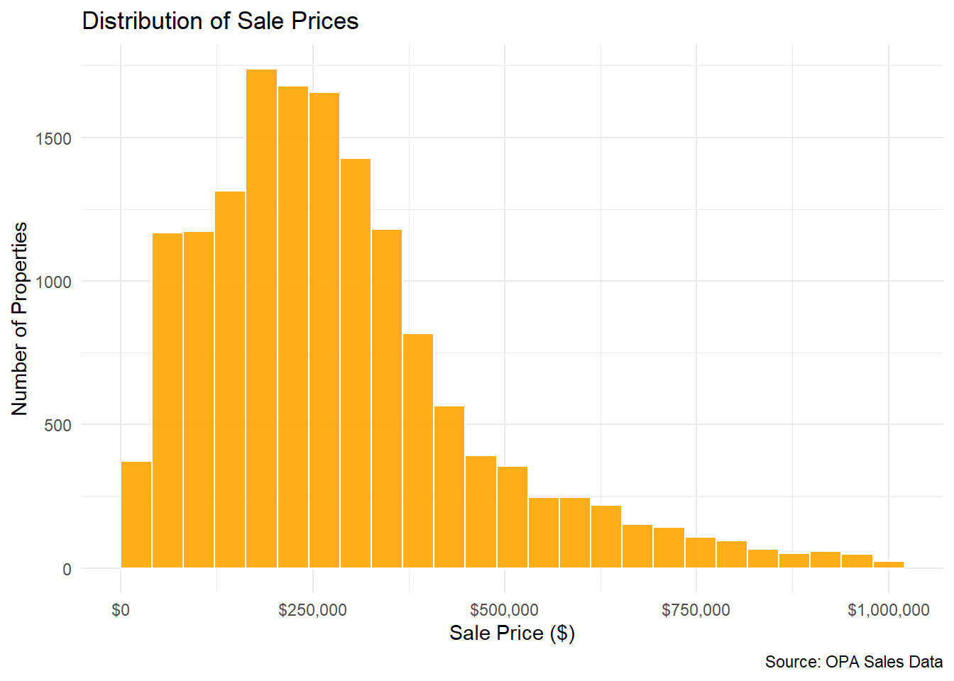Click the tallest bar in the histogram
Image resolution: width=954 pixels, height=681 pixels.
pos(261,319)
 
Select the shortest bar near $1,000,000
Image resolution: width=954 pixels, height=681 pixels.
pos(889,565)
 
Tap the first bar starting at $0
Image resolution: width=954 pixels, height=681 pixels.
pos(136,514)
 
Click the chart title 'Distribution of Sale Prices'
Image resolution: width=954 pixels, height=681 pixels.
pos(220,21)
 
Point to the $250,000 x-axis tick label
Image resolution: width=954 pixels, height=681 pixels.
pos(312,610)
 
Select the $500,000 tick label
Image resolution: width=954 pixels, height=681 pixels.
pos(504,610)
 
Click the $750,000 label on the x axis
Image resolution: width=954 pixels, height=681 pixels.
pos(696,610)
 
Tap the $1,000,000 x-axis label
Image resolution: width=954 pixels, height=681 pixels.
pos(888,610)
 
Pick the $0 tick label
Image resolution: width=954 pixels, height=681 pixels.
pos(121,610)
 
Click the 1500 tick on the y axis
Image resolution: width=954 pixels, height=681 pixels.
pos(54,138)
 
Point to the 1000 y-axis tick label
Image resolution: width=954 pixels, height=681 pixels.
pos(54,282)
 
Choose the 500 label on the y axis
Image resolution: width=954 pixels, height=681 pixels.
pos(58,426)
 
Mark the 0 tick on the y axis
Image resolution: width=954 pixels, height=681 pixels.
pos(67,569)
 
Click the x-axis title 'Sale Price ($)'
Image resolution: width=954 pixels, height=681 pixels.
pos(512,633)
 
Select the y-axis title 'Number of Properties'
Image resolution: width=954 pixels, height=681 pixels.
pos(20,318)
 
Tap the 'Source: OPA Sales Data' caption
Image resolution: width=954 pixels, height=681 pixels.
pos(853,662)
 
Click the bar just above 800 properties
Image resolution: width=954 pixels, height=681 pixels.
pos(418,450)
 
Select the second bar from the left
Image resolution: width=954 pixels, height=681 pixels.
pos(168,401)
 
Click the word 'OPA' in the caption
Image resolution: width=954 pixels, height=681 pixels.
pos(842,662)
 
